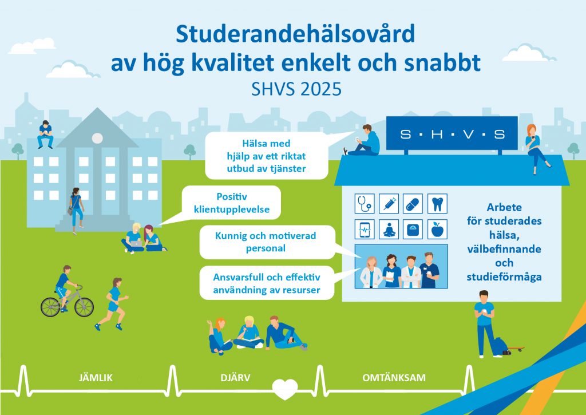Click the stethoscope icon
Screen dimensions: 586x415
[x=365, y=204]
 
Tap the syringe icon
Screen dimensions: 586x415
[x=389, y=204]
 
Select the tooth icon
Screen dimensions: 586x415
[x=437, y=204]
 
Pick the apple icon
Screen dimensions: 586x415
[x=437, y=229]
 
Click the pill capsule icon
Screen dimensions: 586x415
[x=413, y=204]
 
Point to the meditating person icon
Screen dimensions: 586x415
[x=389, y=229]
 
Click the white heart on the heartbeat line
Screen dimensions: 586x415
[x=285, y=389]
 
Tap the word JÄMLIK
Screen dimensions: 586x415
[x=96, y=378]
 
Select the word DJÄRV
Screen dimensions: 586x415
[x=235, y=378]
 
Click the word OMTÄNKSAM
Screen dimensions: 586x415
[x=394, y=378]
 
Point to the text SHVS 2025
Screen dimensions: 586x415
[x=296, y=89]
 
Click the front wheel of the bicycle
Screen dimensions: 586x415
[x=84, y=307]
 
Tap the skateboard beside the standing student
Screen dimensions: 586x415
[x=516, y=349]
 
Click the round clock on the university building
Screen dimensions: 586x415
[x=97, y=139]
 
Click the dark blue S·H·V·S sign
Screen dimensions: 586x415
[x=452, y=133]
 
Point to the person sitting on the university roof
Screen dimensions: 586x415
[x=45, y=134]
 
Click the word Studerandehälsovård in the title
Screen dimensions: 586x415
[x=295, y=34]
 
